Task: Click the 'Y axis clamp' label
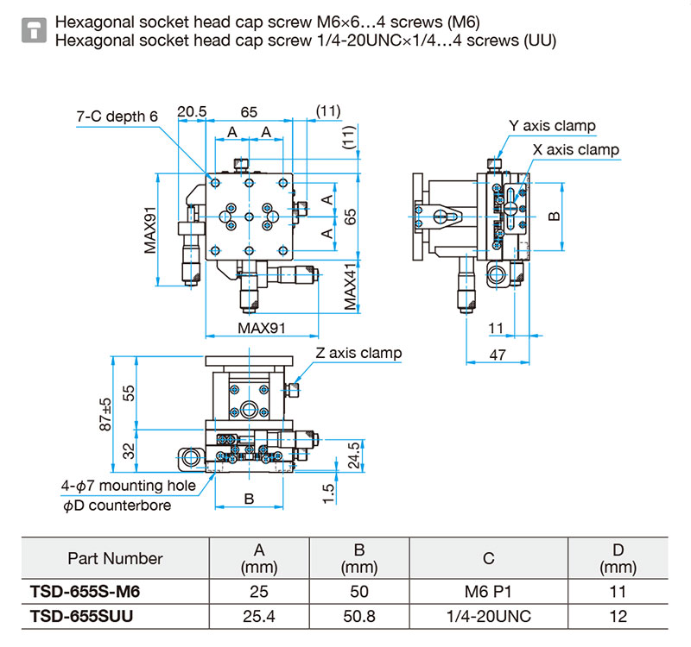point(552,126)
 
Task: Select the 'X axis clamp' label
point(575,149)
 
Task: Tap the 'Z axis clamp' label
point(358,353)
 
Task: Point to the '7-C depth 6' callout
point(117,116)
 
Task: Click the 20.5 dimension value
point(192,111)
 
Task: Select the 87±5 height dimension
point(105,414)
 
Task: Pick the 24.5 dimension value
point(353,455)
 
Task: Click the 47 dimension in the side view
point(498,355)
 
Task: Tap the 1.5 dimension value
point(329,493)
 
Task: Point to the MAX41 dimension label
point(350,287)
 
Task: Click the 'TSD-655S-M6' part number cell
point(85,592)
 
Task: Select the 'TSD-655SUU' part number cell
point(81,616)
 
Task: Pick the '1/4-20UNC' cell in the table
point(489,616)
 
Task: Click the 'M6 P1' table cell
point(488,592)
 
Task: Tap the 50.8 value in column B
point(359,616)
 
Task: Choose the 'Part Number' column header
point(116,558)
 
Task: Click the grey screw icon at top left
point(34,30)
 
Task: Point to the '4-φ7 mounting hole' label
point(128,486)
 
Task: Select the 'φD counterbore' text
point(117,506)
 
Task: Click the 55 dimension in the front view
point(128,393)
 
